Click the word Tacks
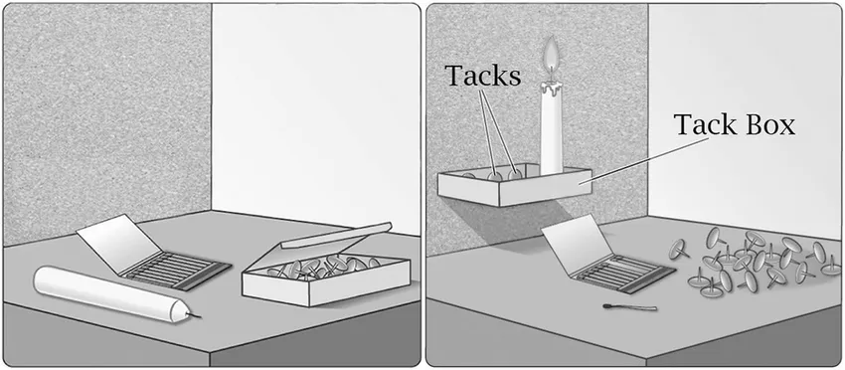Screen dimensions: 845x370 tap(483, 76)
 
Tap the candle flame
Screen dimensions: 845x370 tap(551, 57)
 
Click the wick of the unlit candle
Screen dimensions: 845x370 tap(194, 314)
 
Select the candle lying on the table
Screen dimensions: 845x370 tap(113, 294)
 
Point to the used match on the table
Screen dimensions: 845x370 tap(630, 307)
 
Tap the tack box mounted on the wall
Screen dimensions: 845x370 tap(514, 185)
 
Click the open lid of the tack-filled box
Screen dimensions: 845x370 tap(337, 235)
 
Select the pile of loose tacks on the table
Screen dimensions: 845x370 tap(755, 262)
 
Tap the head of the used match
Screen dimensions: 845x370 tap(607, 306)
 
